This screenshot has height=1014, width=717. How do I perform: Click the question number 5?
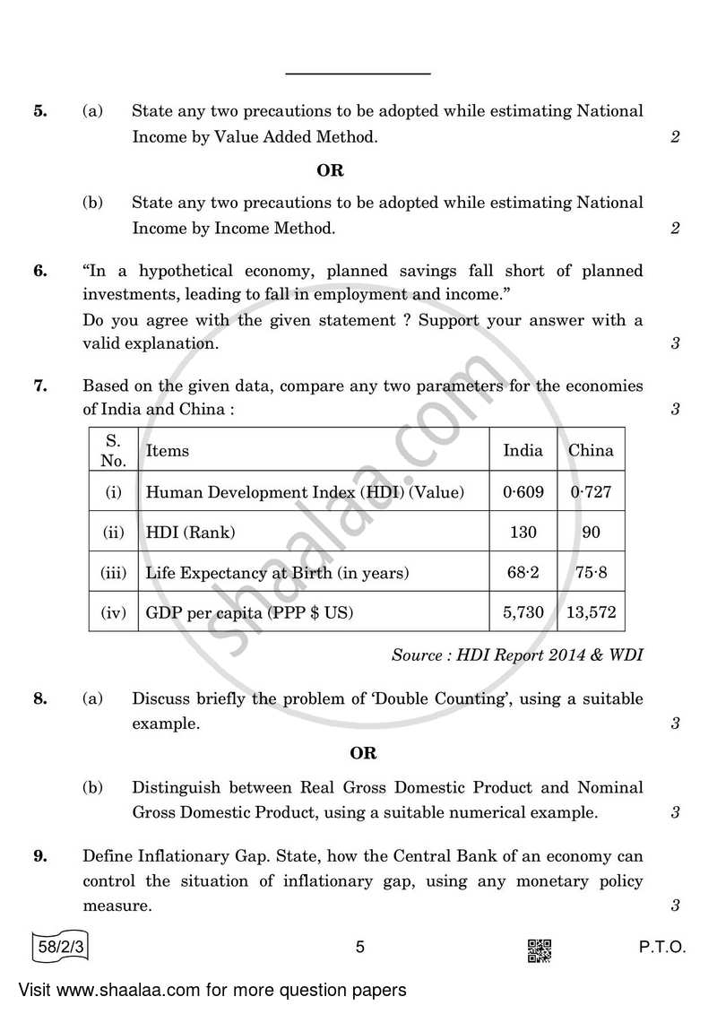coord(39,111)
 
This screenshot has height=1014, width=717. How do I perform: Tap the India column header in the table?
coord(523,450)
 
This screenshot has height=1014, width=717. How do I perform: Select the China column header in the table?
coord(591,450)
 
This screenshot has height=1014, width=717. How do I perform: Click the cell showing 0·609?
coord(523,491)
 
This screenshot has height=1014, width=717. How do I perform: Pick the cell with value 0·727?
coord(591,491)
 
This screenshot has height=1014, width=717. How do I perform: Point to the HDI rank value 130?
coord(523,533)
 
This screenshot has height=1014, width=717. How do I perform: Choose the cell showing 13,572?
coord(591,614)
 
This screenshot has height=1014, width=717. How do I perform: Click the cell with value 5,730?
coord(523,614)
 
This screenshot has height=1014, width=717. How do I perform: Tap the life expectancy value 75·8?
coord(591,573)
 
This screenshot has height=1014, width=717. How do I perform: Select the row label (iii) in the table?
coord(113,573)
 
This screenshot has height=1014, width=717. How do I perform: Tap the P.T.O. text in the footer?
coord(662,947)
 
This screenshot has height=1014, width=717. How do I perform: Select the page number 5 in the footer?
coord(358,947)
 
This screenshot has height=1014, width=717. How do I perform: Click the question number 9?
coord(39,856)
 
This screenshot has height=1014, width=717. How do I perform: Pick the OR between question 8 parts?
coord(363,753)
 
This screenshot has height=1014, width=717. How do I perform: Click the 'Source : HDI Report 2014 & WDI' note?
coord(517,654)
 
